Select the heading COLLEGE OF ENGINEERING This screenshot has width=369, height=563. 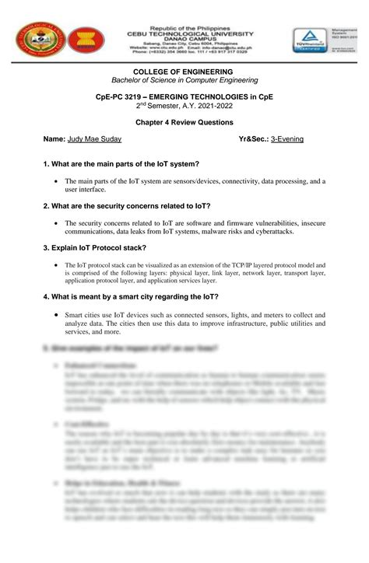tap(184, 72)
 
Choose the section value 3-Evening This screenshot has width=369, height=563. tap(287, 139)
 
